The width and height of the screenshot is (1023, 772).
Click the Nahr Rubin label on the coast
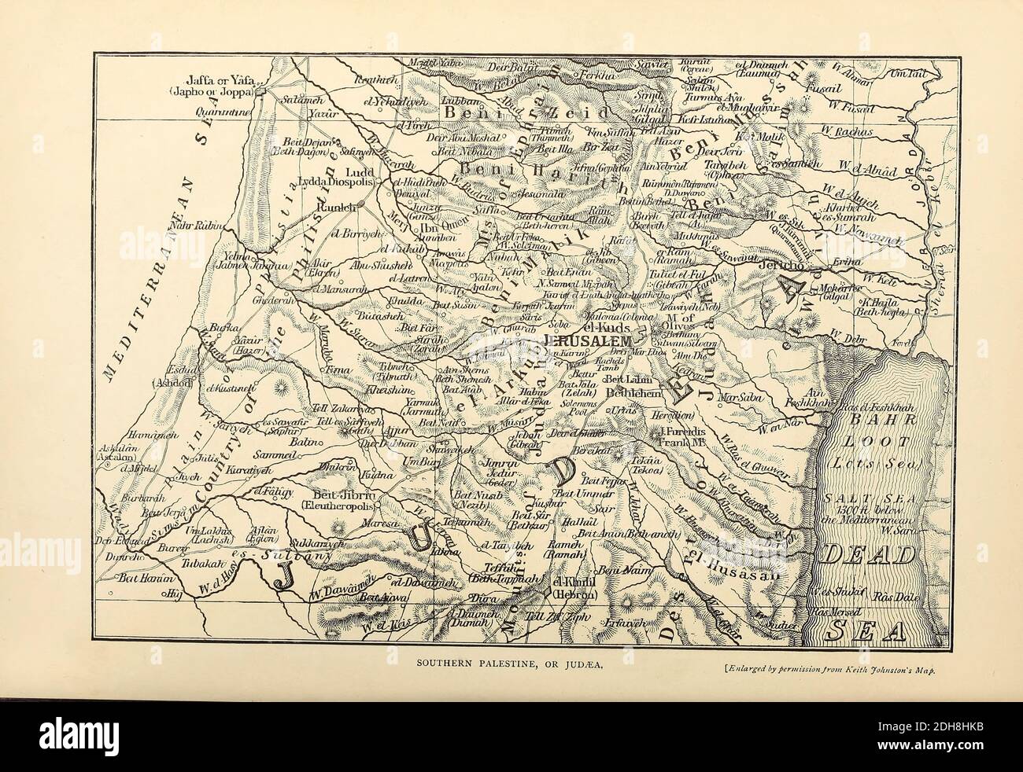(x=197, y=226)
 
